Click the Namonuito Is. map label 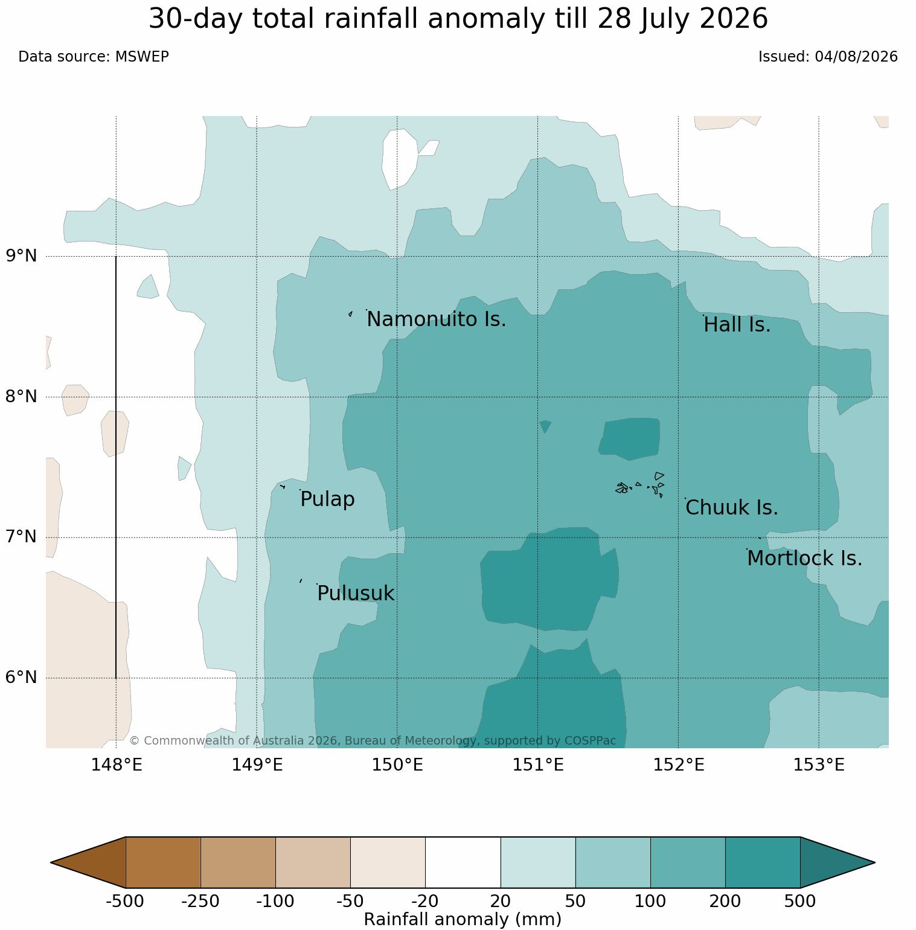click(x=436, y=319)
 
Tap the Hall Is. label click(x=737, y=325)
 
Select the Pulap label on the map click(x=327, y=499)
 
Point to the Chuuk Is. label click(x=731, y=508)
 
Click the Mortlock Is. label click(x=804, y=559)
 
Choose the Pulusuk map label click(x=355, y=594)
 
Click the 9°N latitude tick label click(x=22, y=256)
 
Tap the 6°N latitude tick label click(x=22, y=678)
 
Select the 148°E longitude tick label click(x=117, y=765)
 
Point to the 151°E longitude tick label click(x=538, y=765)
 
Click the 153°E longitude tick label click(x=819, y=765)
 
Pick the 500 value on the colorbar click(x=800, y=902)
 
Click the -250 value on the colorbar click(x=200, y=902)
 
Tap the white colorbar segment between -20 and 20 click(x=463, y=862)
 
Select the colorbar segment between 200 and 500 click(x=763, y=862)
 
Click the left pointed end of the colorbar click(x=52, y=862)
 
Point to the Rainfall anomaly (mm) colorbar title click(x=463, y=920)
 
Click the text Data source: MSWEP click(x=94, y=57)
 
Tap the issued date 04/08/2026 click(x=856, y=57)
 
